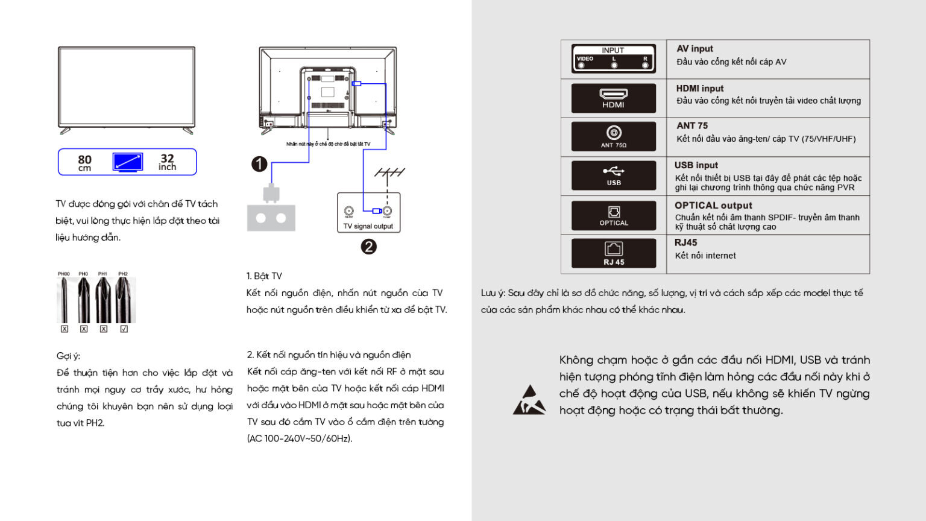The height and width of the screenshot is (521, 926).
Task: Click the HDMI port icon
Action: tap(613, 98)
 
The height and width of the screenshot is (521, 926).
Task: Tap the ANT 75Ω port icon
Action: tap(613, 136)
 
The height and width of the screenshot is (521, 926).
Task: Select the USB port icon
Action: tap(613, 175)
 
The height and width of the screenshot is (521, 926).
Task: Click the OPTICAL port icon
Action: tap(613, 215)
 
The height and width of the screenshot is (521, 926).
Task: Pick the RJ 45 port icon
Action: tap(613, 253)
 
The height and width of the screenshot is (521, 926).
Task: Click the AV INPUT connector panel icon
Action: tap(613, 58)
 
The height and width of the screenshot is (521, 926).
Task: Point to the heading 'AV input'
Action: tap(694, 49)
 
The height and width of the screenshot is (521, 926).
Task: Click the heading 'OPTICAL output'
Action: tap(713, 206)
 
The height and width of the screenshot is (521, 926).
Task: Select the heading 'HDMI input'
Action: tap(699, 89)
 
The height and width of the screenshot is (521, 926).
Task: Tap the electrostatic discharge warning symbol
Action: tap(529, 400)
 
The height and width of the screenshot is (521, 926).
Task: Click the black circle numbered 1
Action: tap(259, 164)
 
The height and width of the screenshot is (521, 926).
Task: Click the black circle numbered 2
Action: tap(368, 247)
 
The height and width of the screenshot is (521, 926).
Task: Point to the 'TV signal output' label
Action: tap(368, 226)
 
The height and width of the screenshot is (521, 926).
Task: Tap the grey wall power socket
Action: tap(271, 218)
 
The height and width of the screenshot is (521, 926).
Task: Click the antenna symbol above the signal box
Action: tap(389, 174)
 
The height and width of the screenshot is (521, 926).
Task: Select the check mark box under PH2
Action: tap(124, 329)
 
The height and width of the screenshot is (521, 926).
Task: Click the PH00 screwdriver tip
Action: tap(64, 300)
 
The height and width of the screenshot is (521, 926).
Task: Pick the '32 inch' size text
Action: tap(167, 162)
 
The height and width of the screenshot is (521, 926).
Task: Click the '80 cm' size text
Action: tap(84, 162)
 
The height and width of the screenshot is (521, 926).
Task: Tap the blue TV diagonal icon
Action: tap(128, 162)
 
